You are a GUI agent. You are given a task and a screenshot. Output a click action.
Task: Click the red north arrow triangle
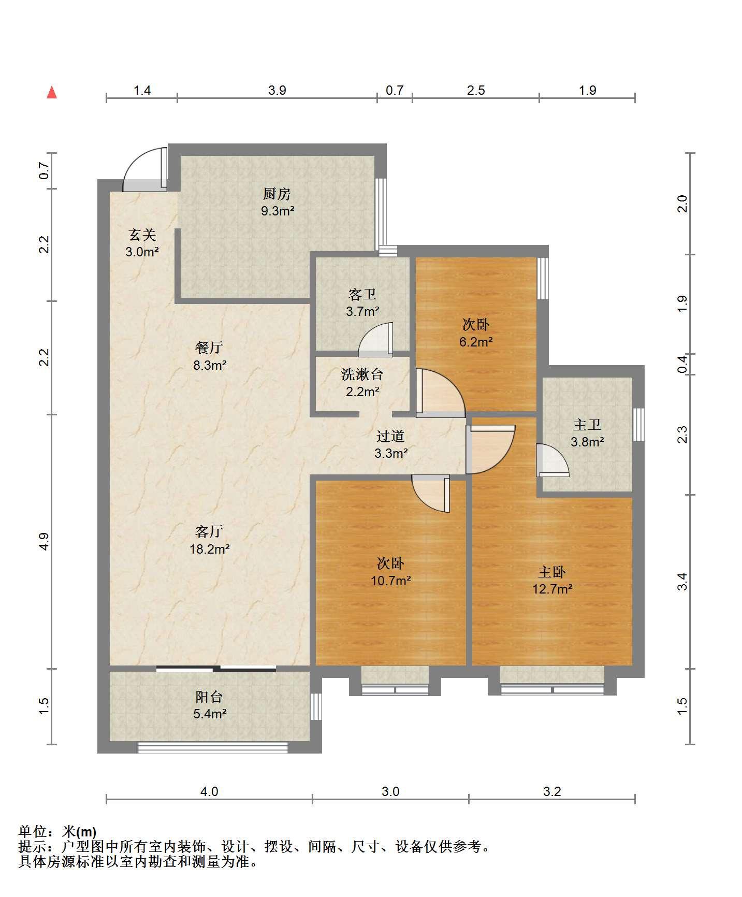click(x=52, y=92)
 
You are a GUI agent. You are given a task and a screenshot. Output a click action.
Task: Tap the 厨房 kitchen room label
click(x=277, y=194)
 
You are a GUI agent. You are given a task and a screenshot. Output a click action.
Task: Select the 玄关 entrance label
click(x=142, y=235)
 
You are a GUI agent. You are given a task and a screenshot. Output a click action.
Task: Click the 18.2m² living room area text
click(x=210, y=549)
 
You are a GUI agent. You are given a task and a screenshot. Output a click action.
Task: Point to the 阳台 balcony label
click(x=210, y=697)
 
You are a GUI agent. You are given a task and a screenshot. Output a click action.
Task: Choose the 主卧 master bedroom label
click(x=552, y=572)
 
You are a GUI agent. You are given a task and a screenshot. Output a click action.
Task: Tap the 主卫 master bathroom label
click(x=587, y=425)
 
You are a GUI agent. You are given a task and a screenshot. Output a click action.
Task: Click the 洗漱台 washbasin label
click(x=362, y=374)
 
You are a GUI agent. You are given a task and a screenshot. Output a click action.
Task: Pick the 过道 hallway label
click(x=390, y=436)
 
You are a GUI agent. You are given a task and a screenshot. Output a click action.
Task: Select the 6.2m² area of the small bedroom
click(x=476, y=342)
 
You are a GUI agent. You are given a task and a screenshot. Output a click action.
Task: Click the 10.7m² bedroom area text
click(x=391, y=581)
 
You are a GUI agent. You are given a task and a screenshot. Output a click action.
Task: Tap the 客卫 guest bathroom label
click(x=362, y=294)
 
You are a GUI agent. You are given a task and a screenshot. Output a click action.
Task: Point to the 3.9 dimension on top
click(x=277, y=91)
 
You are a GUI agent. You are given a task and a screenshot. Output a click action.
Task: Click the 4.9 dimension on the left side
click(x=44, y=541)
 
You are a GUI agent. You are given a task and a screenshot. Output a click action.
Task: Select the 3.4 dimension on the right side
click(x=683, y=582)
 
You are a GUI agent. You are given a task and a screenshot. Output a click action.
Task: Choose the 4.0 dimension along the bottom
click(x=209, y=791)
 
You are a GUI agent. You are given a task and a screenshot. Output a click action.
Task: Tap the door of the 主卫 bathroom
click(x=552, y=460)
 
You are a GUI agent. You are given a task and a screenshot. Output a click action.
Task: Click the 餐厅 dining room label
click(x=210, y=348)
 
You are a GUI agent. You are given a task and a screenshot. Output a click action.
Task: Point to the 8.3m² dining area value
click(x=210, y=365)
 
